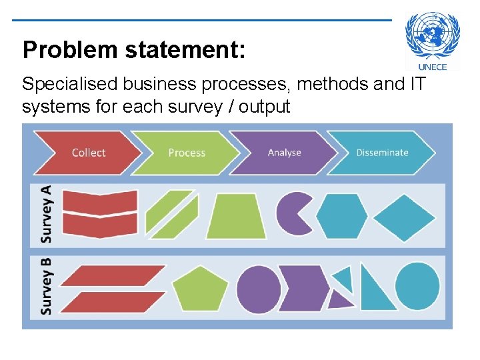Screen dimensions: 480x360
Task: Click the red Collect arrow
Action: pos(87,153)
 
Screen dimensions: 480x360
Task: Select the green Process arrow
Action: pos(185,153)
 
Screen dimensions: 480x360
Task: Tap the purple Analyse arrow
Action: pos(283,153)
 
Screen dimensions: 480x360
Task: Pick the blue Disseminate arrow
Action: pos(381,153)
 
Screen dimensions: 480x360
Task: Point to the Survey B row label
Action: pos(46,287)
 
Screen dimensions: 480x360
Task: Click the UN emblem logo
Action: pos(433,37)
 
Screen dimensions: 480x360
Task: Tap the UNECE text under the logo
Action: pos(433,67)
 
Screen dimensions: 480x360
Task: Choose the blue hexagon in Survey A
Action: pos(341,215)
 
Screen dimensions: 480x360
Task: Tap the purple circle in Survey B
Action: pos(258,289)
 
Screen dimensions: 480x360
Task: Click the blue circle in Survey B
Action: pos(417,287)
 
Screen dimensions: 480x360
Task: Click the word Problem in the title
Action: pos(61,49)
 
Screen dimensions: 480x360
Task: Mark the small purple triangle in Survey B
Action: pos(339,300)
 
